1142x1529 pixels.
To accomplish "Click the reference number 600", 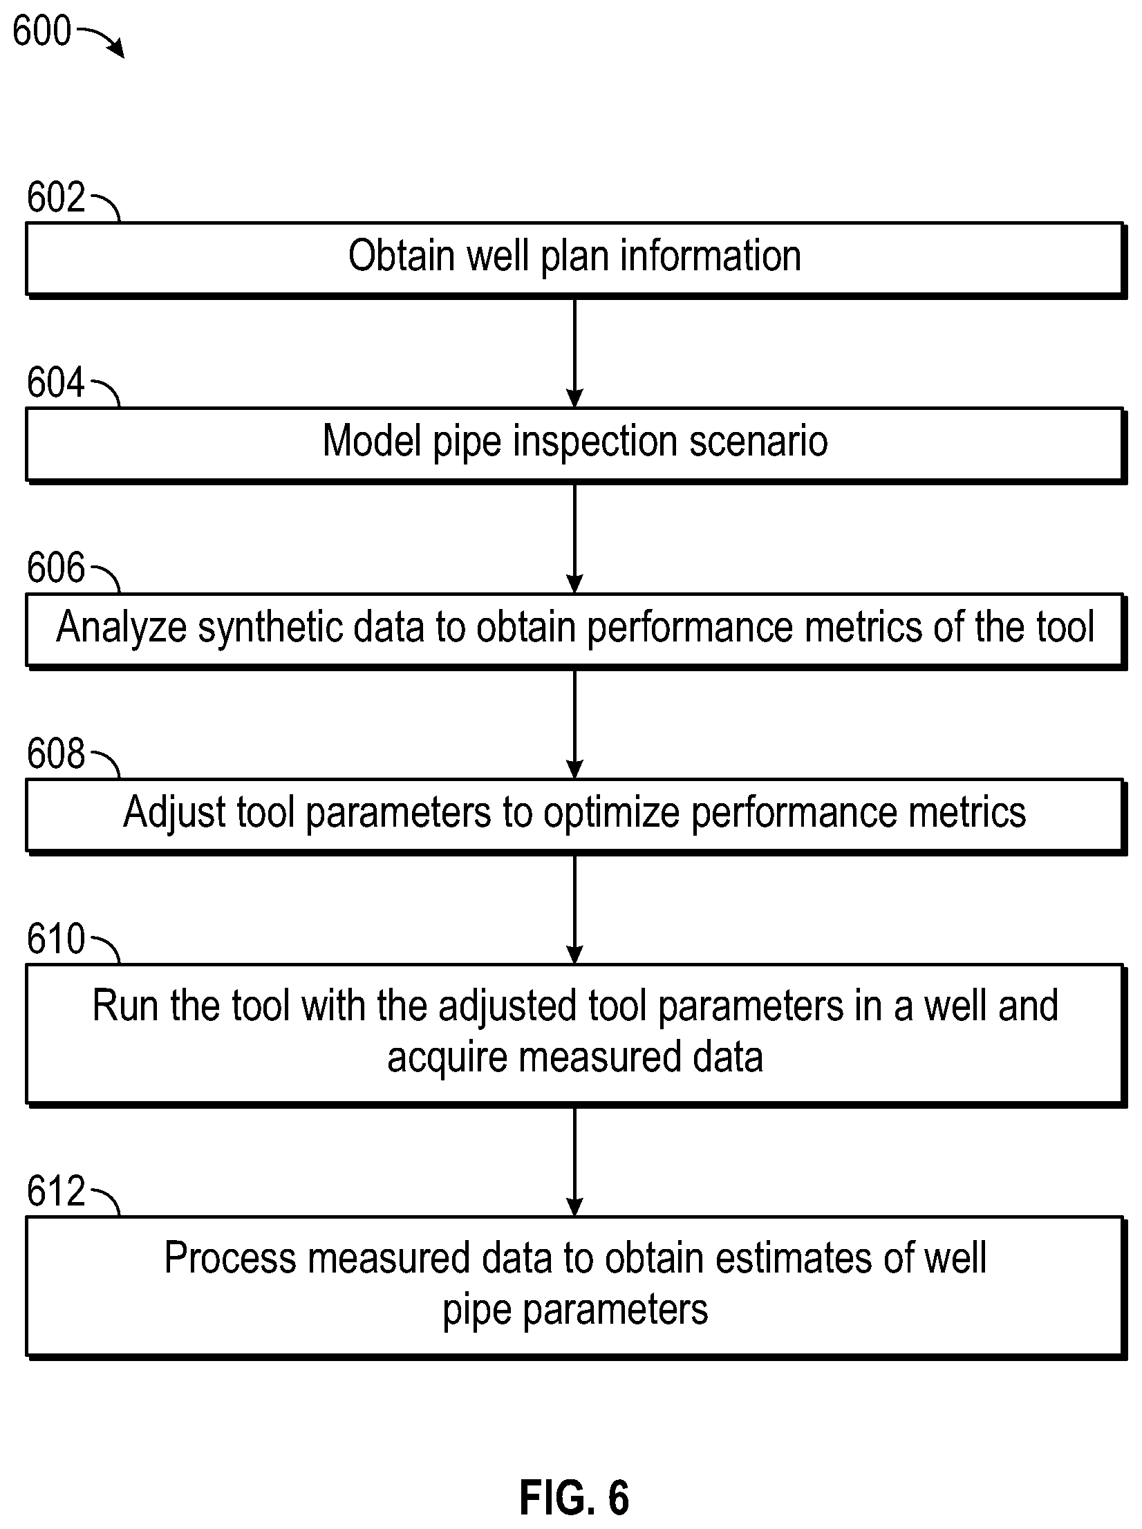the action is pos(41,32).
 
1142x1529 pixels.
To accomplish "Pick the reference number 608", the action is pos(56,753).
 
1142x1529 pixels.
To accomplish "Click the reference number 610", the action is pos(56,939).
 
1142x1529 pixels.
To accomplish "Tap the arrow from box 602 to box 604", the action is pos(574,353).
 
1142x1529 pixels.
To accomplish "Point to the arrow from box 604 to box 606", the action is pos(574,538).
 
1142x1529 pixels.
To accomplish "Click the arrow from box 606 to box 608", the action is pos(574,724).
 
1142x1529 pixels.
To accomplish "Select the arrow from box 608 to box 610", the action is pos(574,910).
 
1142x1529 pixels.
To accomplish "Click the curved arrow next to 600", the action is pos(102,39).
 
